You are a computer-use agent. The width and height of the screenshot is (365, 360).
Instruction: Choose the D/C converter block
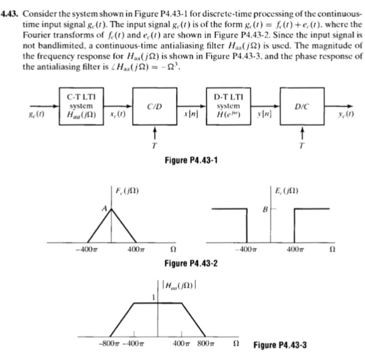tap(301, 106)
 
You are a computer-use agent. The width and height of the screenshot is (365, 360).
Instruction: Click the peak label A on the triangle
tap(103, 208)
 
